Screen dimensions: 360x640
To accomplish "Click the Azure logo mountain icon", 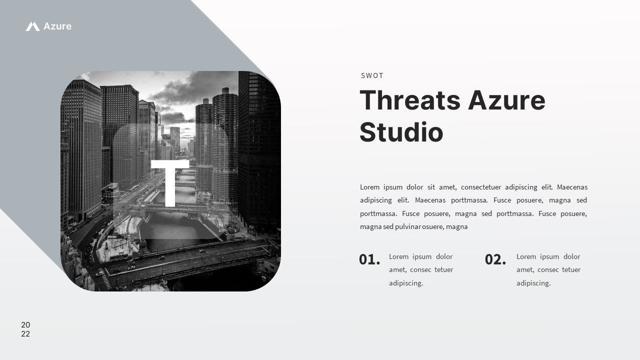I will (x=32, y=26).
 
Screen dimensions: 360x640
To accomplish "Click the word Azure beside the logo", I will (x=57, y=26).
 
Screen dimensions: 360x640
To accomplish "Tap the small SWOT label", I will (x=372, y=75).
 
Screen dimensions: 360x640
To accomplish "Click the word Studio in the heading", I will (x=401, y=132).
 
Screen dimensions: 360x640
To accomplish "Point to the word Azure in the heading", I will (x=506, y=100).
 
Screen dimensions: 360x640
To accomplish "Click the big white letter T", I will (x=170, y=182).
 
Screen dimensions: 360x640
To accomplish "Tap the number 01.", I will (x=369, y=259).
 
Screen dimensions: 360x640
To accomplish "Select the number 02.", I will (x=495, y=259).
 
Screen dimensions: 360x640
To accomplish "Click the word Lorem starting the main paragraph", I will (x=369, y=187).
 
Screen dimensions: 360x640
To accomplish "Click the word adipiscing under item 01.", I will (x=406, y=283).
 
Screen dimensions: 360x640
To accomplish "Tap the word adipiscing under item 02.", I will (x=533, y=283).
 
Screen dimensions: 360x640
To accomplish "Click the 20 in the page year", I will (x=25, y=325).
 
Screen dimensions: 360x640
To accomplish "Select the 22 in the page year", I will (x=25, y=334).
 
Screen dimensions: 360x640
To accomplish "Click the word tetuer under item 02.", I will (x=571, y=269).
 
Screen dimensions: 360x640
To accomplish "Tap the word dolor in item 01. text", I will (x=444, y=256).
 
